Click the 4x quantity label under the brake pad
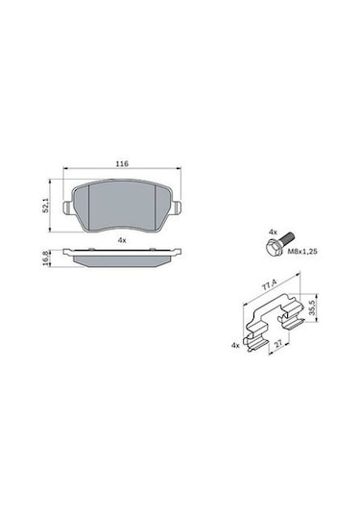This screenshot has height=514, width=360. pos(121,238)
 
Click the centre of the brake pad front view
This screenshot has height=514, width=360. pos(121,204)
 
